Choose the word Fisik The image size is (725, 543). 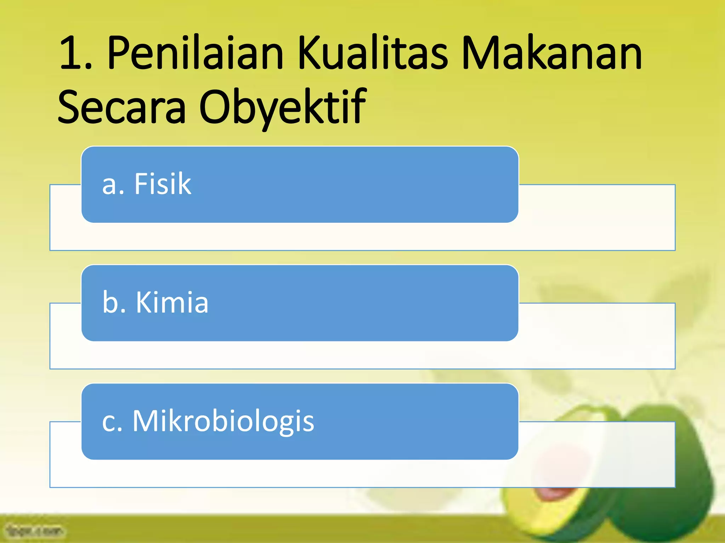coord(162,184)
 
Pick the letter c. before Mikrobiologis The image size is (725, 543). coord(112,422)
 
